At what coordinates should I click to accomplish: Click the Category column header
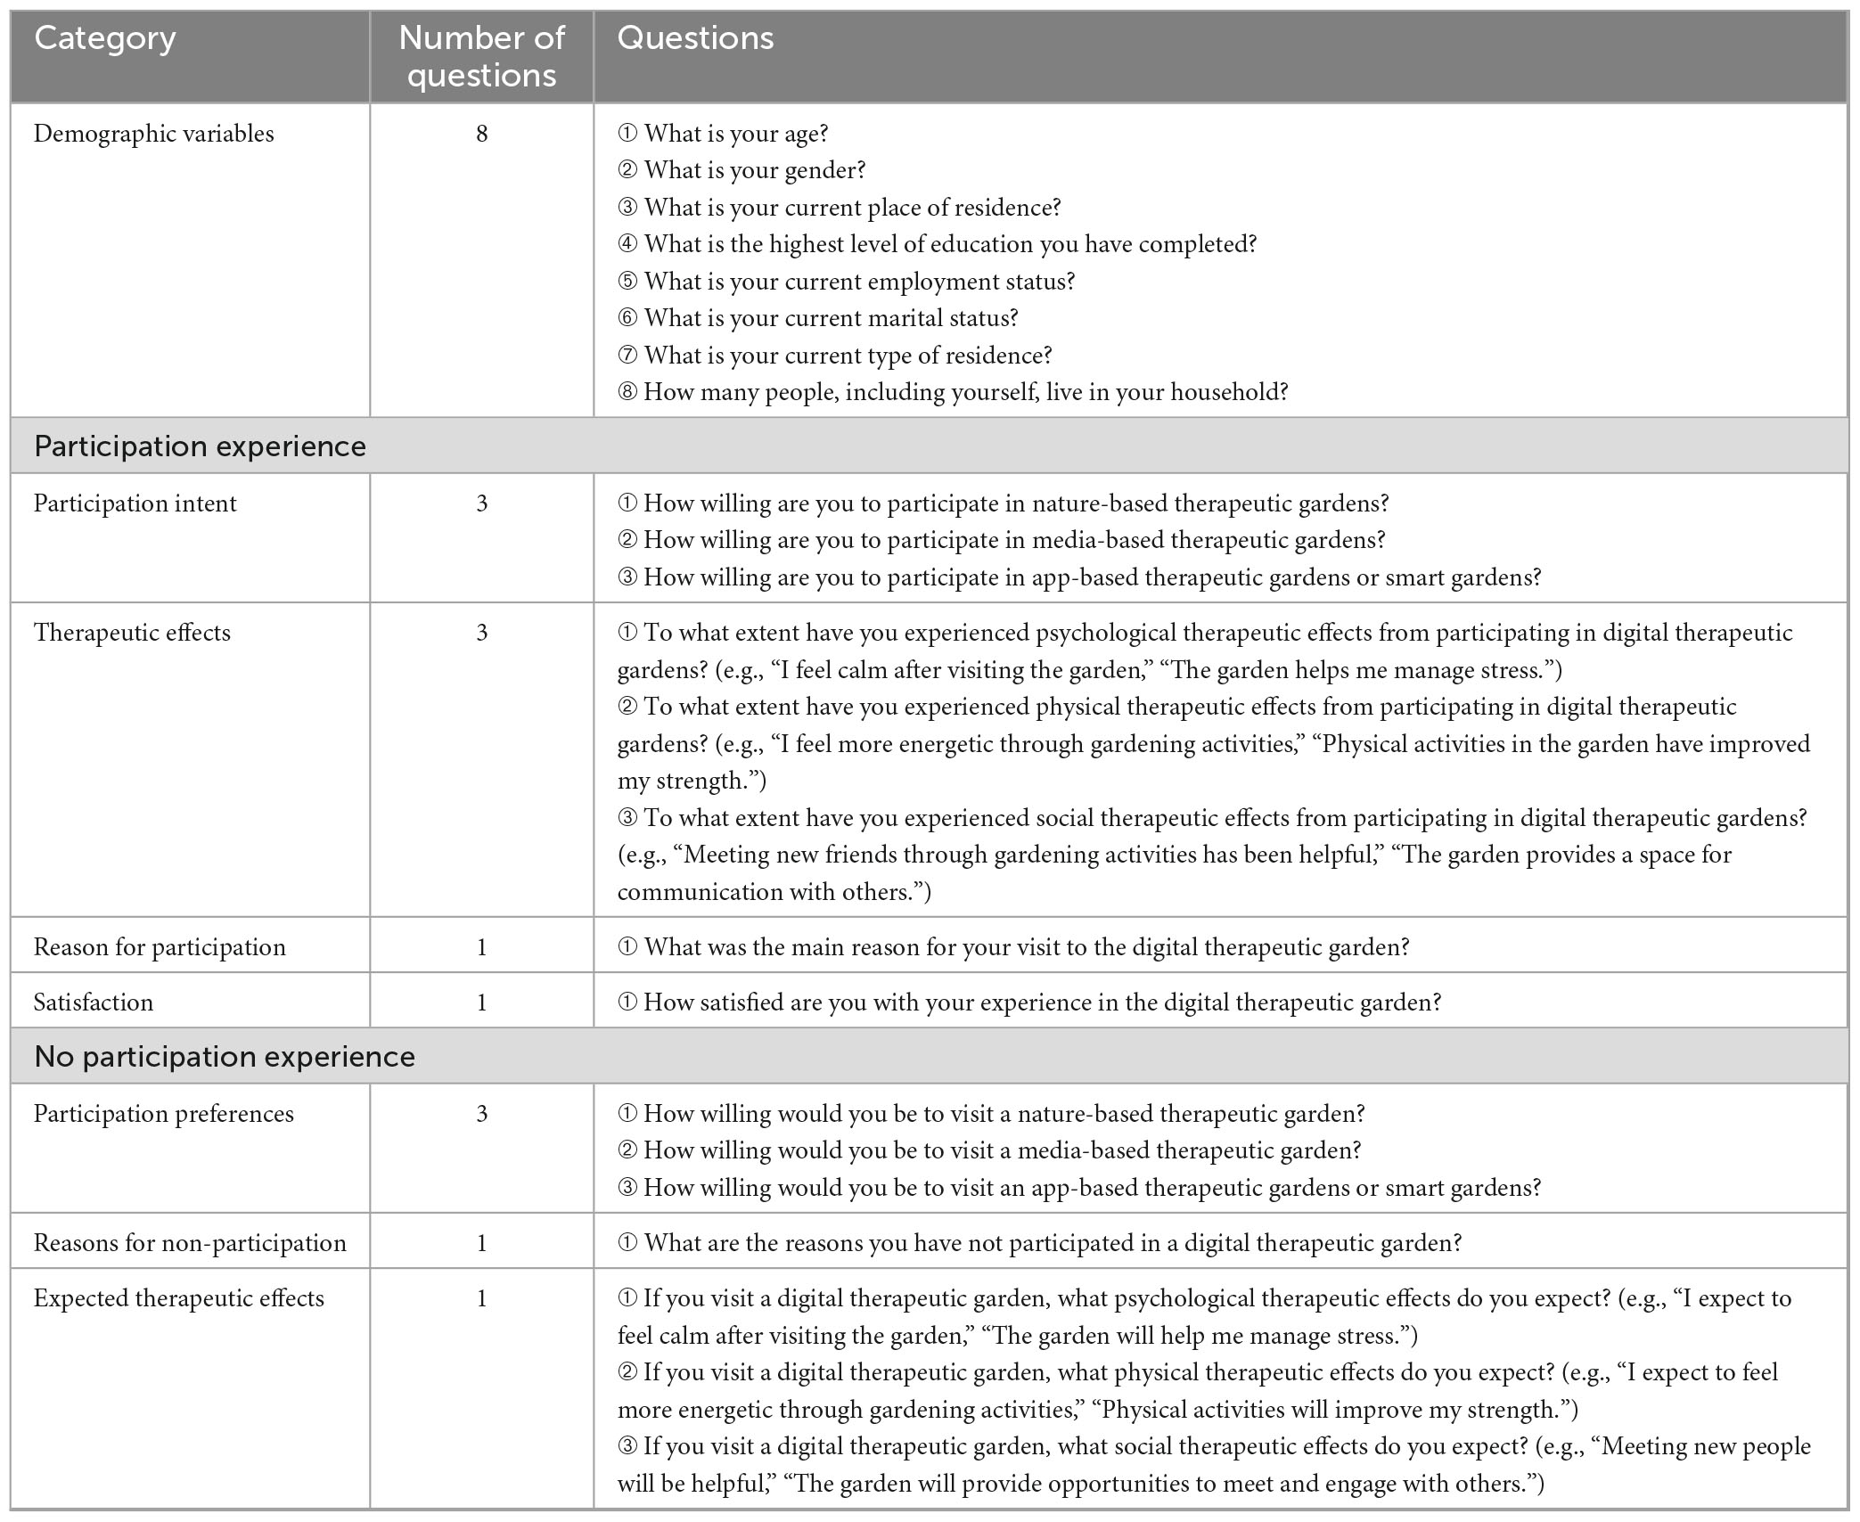[x=105, y=38]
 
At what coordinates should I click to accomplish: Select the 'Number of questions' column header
[x=481, y=56]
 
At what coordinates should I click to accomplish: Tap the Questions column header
[x=695, y=38]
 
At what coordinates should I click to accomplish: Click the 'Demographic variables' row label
[x=154, y=134]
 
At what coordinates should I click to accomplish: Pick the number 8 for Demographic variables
[x=481, y=134]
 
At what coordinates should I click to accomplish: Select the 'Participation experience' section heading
[x=200, y=446]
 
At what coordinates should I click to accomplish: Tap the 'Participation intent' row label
[x=135, y=503]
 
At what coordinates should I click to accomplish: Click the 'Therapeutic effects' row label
[x=132, y=633]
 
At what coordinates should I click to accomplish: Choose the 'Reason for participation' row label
[x=160, y=947]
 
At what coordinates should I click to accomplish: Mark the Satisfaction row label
[x=94, y=1002]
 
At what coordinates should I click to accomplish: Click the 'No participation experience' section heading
[x=225, y=1057]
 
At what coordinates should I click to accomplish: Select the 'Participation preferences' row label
[x=164, y=1114]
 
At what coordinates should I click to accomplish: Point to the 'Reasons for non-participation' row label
[x=190, y=1243]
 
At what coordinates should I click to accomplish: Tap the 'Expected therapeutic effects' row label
[x=179, y=1298]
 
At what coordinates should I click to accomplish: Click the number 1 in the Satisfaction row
[x=481, y=1002]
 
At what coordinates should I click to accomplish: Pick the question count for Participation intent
[x=481, y=503]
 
